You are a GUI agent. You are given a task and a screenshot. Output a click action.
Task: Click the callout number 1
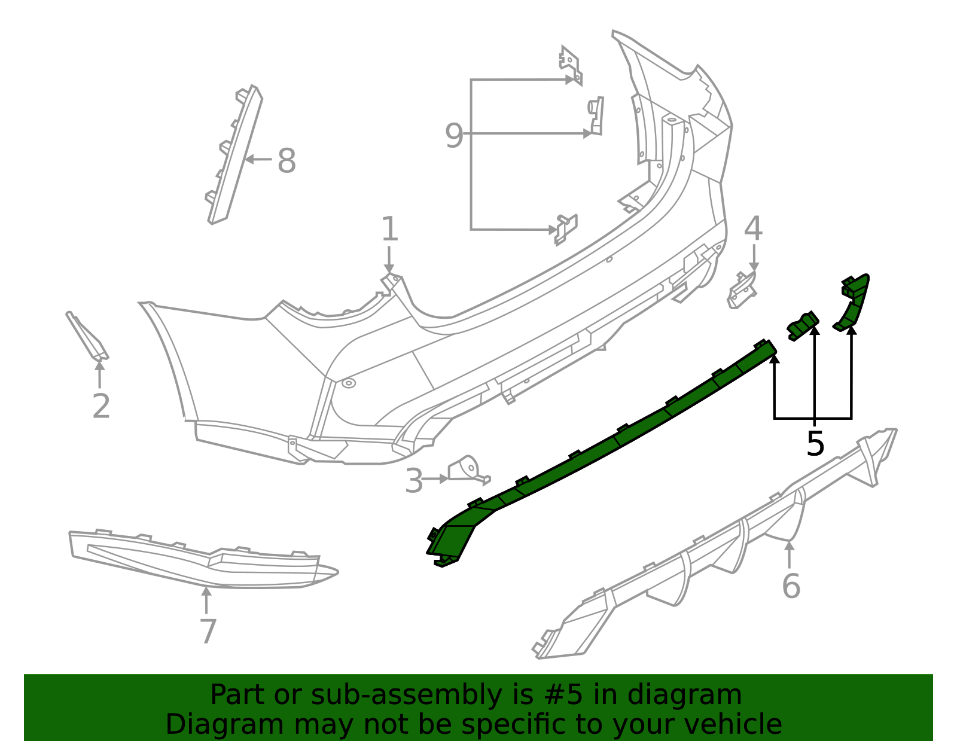click(389, 228)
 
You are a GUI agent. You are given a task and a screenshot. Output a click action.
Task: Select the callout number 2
click(101, 406)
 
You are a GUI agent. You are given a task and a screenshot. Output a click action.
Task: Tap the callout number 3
click(414, 481)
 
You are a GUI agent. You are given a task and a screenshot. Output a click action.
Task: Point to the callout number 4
click(753, 228)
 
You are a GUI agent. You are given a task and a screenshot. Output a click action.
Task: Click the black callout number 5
click(815, 444)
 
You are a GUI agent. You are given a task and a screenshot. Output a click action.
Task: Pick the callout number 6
click(791, 586)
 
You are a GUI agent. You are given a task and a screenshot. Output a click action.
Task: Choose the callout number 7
click(208, 631)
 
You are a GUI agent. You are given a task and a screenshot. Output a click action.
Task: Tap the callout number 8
click(287, 161)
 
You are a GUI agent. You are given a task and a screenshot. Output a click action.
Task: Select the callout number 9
click(454, 136)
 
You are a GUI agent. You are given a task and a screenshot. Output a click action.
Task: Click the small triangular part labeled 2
click(88, 336)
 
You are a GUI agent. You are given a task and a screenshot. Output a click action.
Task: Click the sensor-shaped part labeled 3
click(468, 470)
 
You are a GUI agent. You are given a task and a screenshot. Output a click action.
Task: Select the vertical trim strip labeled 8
click(234, 155)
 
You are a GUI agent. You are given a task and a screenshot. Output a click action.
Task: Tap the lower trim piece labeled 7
click(203, 560)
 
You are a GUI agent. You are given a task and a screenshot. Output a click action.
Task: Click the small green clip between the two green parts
click(803, 326)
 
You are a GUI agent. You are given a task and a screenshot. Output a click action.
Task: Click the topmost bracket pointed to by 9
click(571, 65)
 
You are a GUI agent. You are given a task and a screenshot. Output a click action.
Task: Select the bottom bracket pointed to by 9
click(566, 229)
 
